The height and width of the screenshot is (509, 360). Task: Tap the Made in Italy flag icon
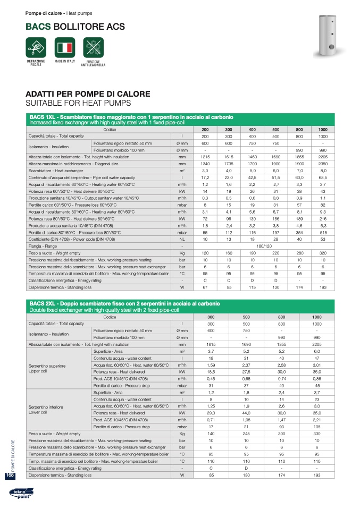point(65,48)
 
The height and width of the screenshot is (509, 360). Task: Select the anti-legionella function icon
point(93,48)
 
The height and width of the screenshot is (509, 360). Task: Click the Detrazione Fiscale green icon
point(36,48)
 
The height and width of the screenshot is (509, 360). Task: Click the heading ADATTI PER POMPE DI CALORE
point(88,94)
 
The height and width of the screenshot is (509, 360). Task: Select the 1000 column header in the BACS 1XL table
point(322,130)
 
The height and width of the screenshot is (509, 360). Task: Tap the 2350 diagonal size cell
point(322,164)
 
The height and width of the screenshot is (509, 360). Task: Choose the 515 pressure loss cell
point(322,233)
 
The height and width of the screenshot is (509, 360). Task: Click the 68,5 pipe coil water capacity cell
point(322,177)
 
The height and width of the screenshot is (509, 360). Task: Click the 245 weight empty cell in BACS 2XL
point(246,434)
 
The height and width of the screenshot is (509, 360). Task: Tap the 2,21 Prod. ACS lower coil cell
point(317,420)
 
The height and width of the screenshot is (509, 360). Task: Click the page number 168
point(10,476)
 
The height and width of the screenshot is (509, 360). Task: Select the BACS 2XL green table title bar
point(180,307)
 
